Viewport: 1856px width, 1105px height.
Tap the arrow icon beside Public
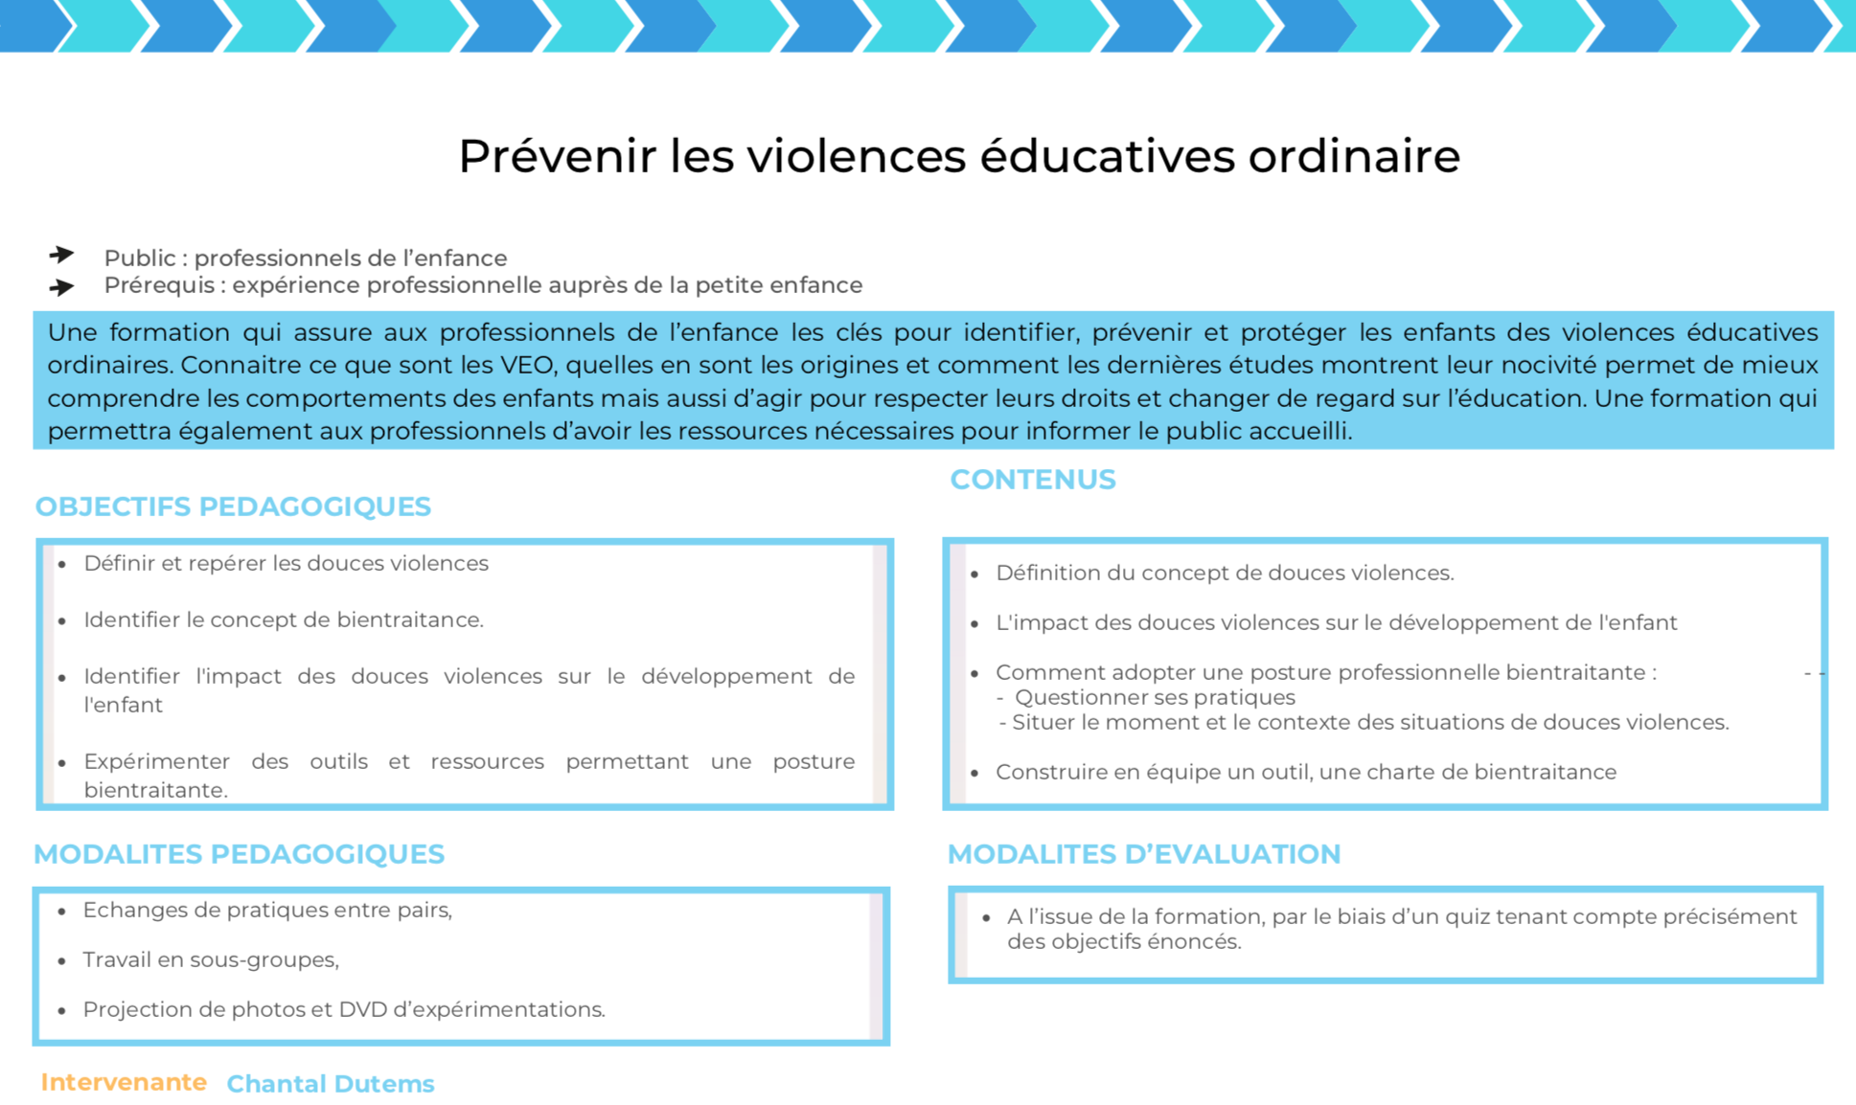pos(62,255)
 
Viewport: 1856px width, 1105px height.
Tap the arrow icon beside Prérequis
pos(62,286)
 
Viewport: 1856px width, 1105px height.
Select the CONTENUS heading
pos(1032,480)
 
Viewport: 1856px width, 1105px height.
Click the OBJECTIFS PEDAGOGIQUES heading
pos(233,507)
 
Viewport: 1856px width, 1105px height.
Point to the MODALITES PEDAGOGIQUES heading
pos(239,854)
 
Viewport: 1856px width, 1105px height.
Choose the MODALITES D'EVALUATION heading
pos(1143,854)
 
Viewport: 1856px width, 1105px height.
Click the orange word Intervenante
pos(124,1082)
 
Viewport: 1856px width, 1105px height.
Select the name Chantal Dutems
pos(330,1084)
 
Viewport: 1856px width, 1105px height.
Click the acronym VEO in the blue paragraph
pos(523,366)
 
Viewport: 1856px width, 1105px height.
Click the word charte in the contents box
pos(1367,772)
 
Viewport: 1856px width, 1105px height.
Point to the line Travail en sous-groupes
pos(211,959)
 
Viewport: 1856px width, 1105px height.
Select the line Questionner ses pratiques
pos(1155,697)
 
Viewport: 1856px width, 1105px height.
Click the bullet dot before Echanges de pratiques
pos(62,912)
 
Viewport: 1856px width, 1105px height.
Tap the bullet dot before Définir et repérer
pos(62,565)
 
